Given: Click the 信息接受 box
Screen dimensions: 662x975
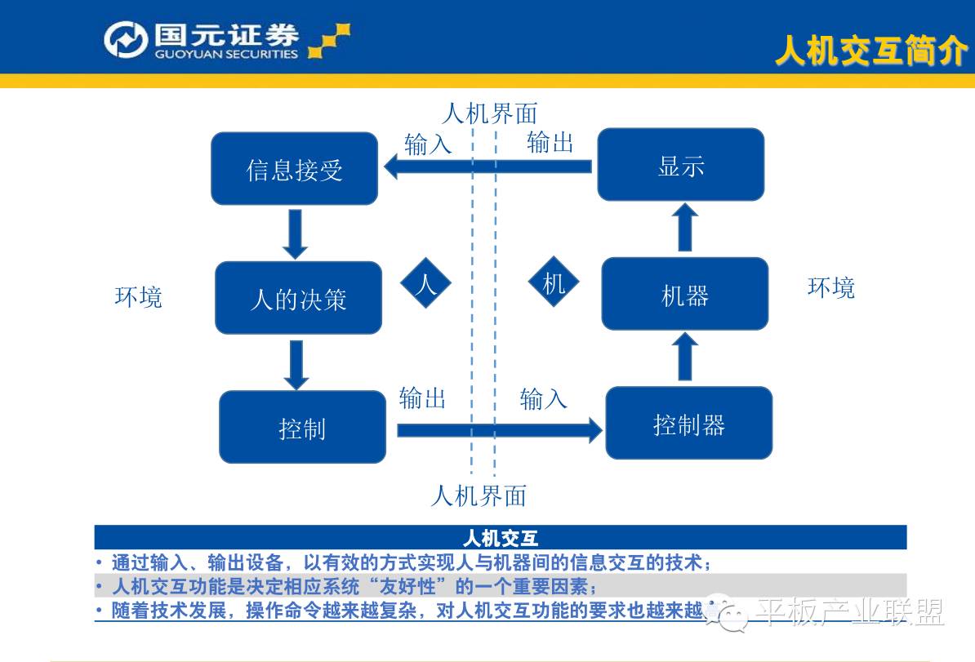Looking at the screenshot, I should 295,169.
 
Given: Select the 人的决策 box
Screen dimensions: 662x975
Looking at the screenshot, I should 298,298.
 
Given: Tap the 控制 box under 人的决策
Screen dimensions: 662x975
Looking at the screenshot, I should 302,427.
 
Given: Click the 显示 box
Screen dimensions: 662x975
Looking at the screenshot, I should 681,165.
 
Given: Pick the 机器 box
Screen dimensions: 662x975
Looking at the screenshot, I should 684,294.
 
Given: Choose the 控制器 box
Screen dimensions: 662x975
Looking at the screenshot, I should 688,423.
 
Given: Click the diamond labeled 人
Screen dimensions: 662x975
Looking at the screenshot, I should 425,283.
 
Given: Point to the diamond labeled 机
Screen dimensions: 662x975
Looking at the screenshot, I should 554,283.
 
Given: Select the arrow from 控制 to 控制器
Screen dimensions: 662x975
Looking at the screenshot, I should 498,429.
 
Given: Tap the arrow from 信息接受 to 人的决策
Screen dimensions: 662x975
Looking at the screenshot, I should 296,233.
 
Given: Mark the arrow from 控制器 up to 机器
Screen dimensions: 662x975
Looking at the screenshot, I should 686,357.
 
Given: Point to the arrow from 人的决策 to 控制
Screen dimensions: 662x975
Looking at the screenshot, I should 296,364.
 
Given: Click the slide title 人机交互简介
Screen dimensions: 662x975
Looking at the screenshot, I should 870,51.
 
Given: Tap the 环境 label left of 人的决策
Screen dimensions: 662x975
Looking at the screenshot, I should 139,296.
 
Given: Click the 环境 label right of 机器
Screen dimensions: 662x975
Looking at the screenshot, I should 831,287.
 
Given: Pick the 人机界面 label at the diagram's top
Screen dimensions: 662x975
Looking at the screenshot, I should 489,113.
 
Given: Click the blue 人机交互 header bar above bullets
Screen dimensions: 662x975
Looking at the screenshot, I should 500,537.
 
